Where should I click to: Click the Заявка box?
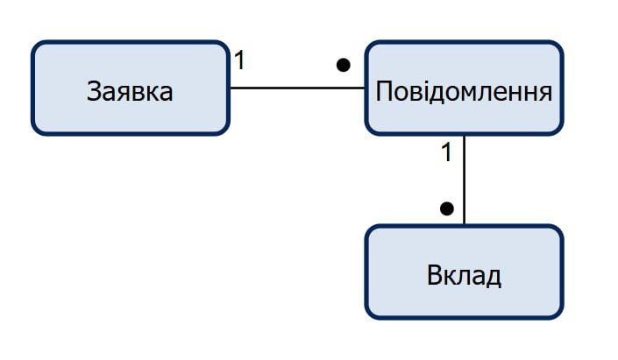(x=130, y=88)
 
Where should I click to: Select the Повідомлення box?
(x=463, y=88)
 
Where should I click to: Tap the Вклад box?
(x=463, y=272)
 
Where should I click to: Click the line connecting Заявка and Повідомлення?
(x=296, y=88)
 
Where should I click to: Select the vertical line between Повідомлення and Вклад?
(x=464, y=180)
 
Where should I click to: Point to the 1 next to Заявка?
(x=239, y=61)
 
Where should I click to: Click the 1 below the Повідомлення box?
(x=445, y=152)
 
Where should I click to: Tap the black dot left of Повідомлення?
(x=343, y=65)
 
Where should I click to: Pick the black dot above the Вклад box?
(x=446, y=208)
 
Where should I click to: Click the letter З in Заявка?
(x=95, y=91)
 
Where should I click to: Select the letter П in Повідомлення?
(x=383, y=91)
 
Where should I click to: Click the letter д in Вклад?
(x=493, y=278)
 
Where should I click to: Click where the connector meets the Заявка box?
(x=229, y=88)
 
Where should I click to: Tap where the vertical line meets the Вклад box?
(x=464, y=225)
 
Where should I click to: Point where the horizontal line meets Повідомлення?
(x=365, y=88)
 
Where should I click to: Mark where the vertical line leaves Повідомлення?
(x=464, y=136)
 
